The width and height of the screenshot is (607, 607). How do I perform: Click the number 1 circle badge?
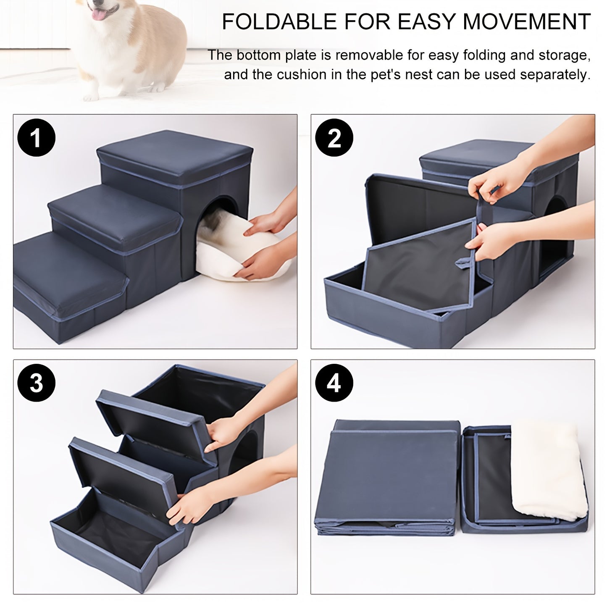point(37,138)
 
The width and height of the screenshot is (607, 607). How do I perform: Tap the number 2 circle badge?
point(334,138)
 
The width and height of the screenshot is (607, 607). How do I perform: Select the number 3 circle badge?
point(37,383)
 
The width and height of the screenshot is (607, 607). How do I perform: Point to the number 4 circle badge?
point(334,383)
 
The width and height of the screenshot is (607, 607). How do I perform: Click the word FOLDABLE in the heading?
point(277,22)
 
